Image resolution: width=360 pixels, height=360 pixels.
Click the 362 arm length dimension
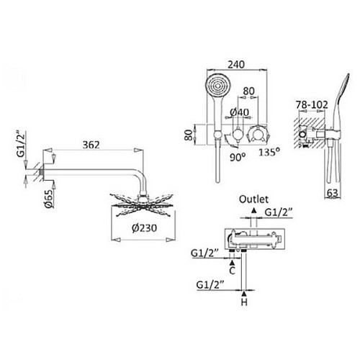[x=91, y=145]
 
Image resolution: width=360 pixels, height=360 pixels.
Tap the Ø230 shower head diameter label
[x=144, y=228]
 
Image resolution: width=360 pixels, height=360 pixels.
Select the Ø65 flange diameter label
[x=48, y=199]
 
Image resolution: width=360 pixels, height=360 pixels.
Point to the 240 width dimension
[x=236, y=65]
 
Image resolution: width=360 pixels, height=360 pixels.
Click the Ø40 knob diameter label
[x=240, y=112]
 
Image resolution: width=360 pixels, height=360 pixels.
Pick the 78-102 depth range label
[x=312, y=105]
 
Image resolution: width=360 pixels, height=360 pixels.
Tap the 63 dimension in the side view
[x=333, y=193]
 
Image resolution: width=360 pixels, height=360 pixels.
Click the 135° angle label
[x=269, y=152]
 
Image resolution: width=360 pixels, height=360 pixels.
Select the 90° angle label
[x=238, y=157]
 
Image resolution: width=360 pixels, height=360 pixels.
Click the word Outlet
[x=253, y=199]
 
